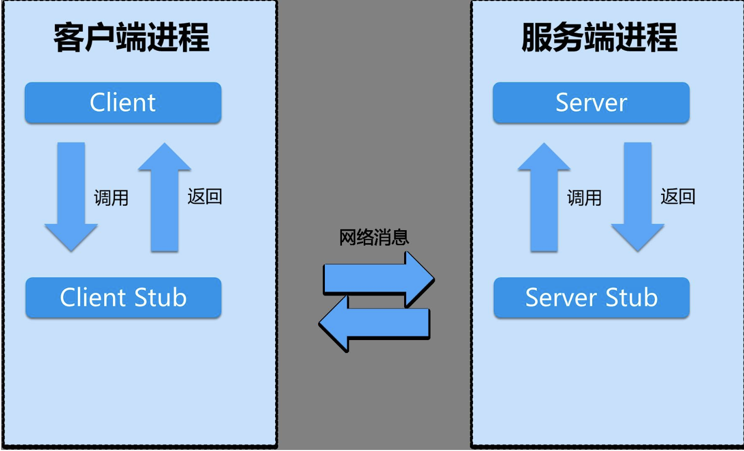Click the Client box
click(123, 103)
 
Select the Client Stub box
click(123, 298)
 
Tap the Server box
click(591, 103)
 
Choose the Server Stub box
click(591, 298)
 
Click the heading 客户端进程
click(132, 38)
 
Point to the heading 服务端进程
click(599, 38)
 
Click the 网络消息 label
click(374, 237)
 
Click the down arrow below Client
click(71, 197)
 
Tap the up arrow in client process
click(165, 197)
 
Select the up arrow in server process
click(544, 197)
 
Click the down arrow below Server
click(637, 197)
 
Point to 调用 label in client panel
click(111, 198)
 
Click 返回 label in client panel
click(205, 196)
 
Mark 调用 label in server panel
click(584, 198)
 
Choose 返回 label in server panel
click(678, 196)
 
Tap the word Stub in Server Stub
click(632, 298)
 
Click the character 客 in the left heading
click(69, 38)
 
